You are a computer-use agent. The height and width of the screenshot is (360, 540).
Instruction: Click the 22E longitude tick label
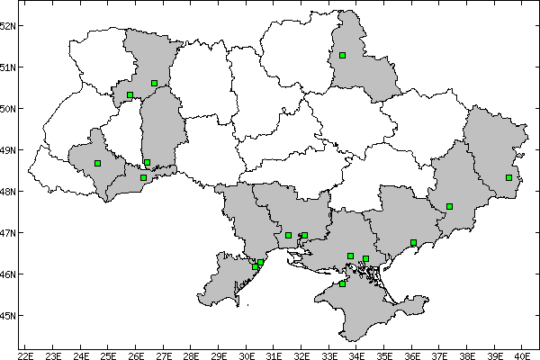coord(25,356)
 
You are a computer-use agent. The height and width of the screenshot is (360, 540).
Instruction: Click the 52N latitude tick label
coord(9,25)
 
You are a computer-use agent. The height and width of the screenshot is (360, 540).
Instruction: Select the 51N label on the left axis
coord(9,67)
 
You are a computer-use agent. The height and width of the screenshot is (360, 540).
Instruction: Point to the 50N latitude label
coord(9,108)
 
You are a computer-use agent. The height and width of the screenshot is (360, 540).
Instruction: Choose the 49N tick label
coord(9,149)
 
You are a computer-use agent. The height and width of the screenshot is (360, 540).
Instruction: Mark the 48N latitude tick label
coord(9,191)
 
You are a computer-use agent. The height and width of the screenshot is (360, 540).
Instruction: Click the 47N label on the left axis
coord(9,232)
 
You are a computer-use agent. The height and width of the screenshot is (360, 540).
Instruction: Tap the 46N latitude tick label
coord(9,274)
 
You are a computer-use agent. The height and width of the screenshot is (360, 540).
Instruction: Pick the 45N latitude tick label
coord(9,315)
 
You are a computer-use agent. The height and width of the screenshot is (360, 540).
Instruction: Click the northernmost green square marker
coord(343,55)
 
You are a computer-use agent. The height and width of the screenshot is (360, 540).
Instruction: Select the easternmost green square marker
coord(508,177)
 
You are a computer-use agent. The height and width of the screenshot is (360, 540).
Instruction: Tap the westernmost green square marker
coord(97,163)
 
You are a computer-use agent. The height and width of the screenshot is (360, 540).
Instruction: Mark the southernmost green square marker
coord(343,283)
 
